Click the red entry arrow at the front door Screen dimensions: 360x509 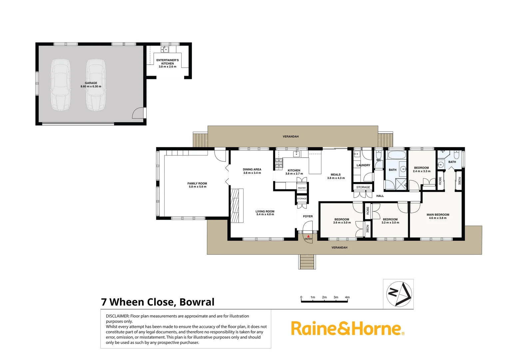(308, 236)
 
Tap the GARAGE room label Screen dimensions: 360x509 (91, 83)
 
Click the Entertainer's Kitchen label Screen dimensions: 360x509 (168, 62)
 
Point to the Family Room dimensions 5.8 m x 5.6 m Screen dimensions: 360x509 (198, 187)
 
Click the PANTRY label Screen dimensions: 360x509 (302, 188)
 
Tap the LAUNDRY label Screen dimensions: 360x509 (363, 165)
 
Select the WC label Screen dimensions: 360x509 (378, 160)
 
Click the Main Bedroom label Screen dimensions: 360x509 (438, 215)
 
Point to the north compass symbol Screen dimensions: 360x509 (399, 294)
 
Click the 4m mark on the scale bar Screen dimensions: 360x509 (347, 297)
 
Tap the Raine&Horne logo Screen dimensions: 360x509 (347, 329)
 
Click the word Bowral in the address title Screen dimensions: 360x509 (197, 302)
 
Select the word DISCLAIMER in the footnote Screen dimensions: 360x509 (117, 316)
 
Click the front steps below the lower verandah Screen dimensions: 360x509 (307, 262)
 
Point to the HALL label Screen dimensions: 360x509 (380, 196)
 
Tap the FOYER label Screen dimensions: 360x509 (308, 216)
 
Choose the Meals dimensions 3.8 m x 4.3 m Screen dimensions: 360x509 (336, 178)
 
